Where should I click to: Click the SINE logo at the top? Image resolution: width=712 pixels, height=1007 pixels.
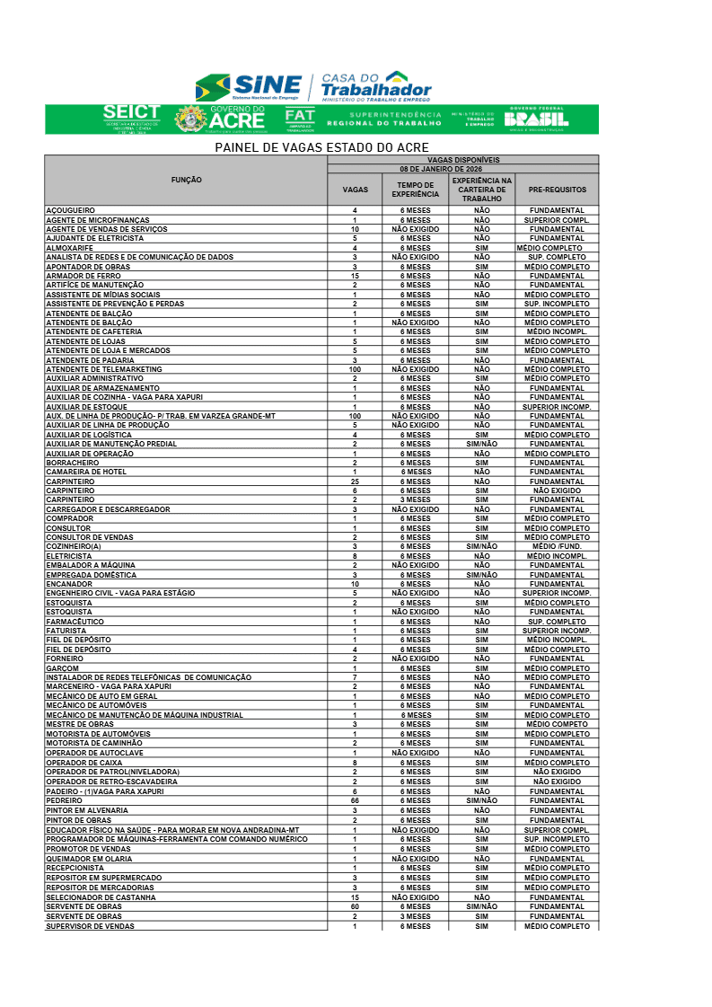pos(249,87)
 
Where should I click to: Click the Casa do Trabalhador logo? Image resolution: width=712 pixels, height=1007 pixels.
pos(375,87)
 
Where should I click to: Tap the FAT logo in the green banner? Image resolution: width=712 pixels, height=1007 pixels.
pos(300,119)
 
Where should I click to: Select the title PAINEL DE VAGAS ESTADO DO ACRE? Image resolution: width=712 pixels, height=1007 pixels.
pos(321,147)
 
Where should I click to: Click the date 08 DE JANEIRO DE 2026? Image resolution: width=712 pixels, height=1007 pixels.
pos(462,168)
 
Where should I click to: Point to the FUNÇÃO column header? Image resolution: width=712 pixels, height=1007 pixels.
pos(186,181)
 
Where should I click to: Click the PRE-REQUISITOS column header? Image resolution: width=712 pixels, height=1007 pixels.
pos(557,190)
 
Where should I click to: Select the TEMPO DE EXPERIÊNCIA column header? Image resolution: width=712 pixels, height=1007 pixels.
pos(416,190)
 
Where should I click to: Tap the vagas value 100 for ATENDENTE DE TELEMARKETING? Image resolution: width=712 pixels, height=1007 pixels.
pos(355,369)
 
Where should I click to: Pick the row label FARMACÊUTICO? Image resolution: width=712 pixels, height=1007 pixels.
pos(75,622)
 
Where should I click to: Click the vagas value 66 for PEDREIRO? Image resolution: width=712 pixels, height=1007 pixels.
pos(355,800)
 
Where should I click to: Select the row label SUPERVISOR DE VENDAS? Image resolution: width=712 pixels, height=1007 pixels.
pos(90,926)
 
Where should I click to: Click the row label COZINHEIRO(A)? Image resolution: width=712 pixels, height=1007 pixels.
pos(74,546)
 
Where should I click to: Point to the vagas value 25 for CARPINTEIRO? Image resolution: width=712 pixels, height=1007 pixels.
pos(355,481)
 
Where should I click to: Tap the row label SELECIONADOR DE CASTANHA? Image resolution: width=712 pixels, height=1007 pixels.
pos(101,897)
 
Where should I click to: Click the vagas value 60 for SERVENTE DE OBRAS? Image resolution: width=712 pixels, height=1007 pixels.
pos(355,907)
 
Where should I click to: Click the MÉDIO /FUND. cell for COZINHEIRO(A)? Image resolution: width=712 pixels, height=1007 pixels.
pos(557,546)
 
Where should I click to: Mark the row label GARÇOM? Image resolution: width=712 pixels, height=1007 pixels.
pos(63,668)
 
